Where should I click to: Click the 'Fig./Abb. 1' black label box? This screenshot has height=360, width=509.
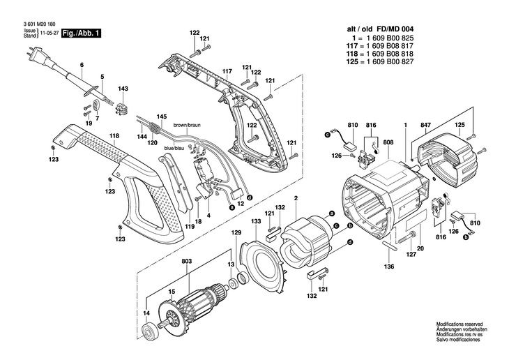81,33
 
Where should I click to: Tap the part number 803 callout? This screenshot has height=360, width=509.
186,262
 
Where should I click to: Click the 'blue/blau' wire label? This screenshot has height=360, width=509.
174,149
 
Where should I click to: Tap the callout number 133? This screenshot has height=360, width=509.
257,220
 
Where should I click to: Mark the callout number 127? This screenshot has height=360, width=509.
411,255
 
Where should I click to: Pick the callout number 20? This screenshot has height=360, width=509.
420,248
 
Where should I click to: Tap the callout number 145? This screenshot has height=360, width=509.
161,116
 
